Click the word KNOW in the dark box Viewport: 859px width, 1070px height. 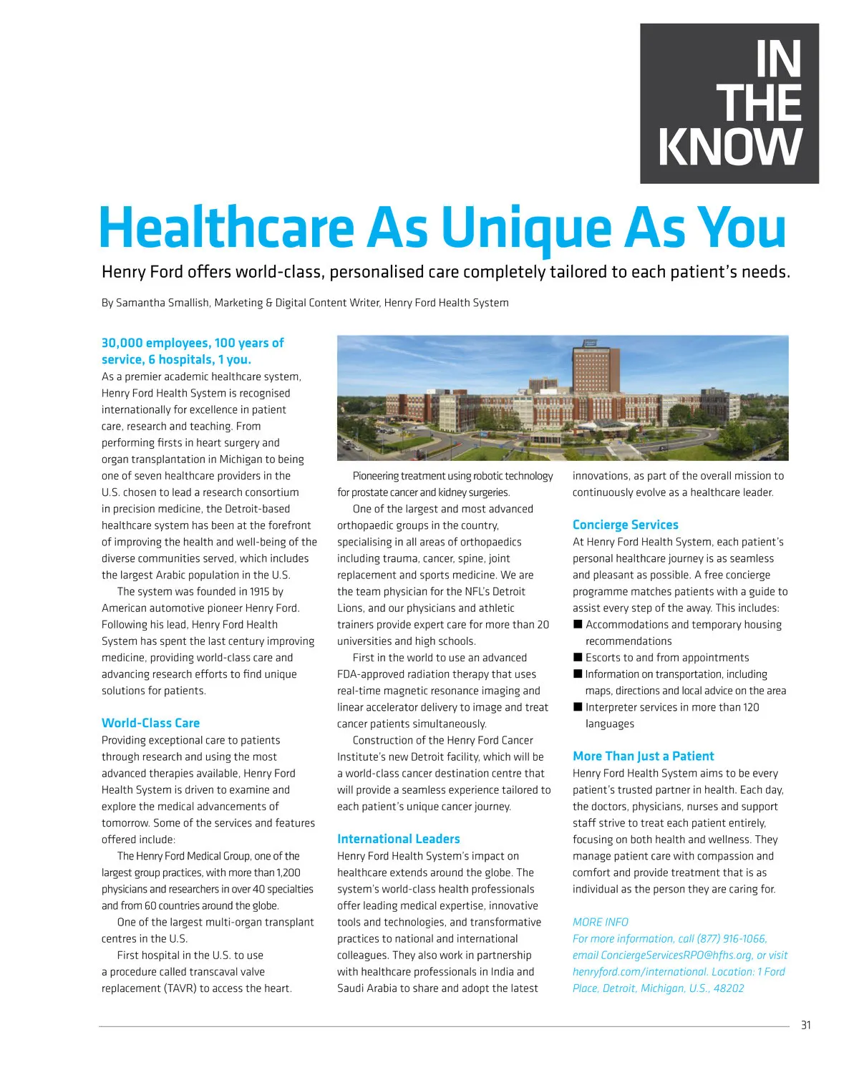tap(730, 147)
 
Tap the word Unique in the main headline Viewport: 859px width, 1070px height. tap(527, 228)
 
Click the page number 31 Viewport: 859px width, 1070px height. tap(806, 1025)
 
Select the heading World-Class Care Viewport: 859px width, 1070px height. tap(150, 723)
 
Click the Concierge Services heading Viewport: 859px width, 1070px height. tap(625, 525)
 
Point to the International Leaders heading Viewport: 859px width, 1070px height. tap(398, 839)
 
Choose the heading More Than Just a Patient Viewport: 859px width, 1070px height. tap(643, 756)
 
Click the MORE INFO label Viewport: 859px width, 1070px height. tap(600, 922)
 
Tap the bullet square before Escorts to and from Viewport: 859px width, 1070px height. tap(578, 657)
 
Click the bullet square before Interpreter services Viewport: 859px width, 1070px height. tap(578, 706)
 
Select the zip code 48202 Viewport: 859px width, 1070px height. tap(728, 988)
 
